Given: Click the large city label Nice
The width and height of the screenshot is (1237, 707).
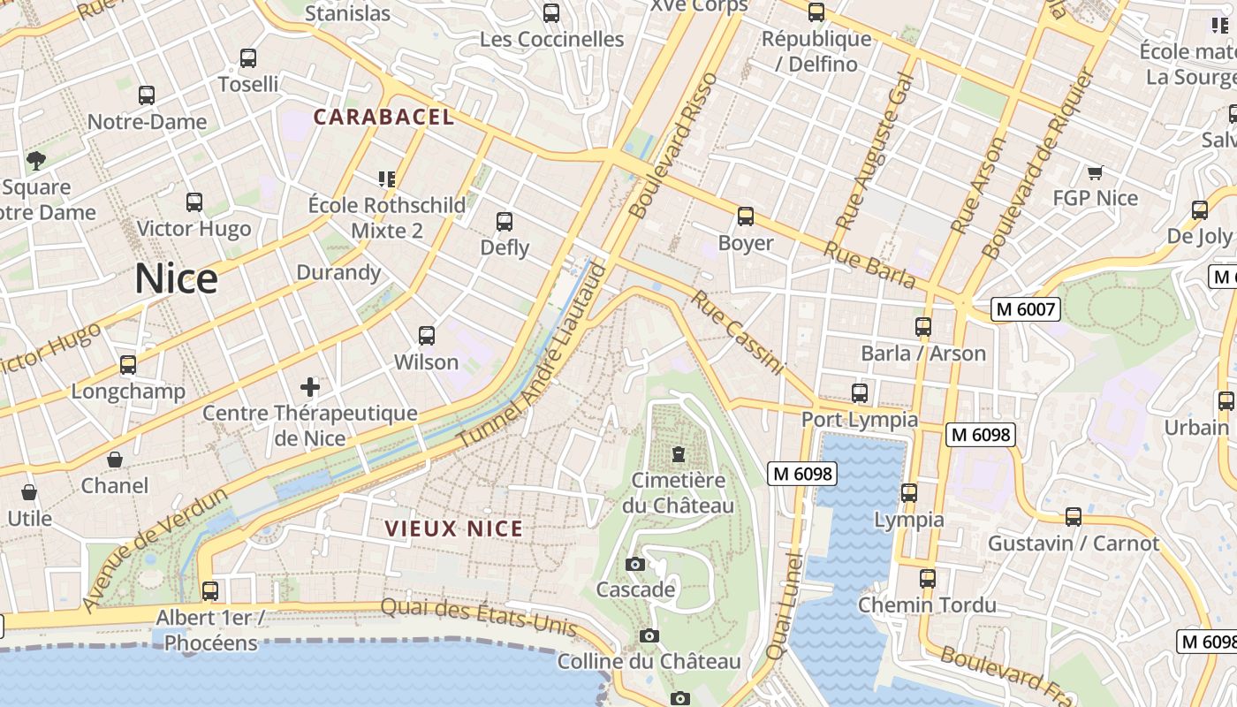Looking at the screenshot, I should click(176, 279).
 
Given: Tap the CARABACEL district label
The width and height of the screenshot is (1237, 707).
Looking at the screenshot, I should click(383, 117).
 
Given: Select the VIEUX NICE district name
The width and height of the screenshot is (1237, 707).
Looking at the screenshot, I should click(454, 528).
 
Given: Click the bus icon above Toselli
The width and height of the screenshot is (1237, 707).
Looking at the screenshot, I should click(248, 58).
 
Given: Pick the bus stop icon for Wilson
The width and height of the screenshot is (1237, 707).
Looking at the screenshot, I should click(427, 336).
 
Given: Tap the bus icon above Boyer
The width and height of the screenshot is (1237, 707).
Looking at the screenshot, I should click(746, 217).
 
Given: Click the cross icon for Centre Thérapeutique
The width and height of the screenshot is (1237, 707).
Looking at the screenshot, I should click(310, 387).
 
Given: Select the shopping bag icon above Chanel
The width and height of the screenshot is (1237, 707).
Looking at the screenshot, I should click(115, 460).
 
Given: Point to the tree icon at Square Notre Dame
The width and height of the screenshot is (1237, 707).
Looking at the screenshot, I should click(36, 160).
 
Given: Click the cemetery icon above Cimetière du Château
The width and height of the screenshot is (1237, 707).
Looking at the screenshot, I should click(678, 455).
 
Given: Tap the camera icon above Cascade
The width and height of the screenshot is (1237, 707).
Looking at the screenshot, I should click(634, 564).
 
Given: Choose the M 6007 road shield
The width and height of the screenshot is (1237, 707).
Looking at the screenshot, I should click(1025, 309).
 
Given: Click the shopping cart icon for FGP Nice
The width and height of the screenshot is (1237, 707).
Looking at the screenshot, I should click(1095, 173).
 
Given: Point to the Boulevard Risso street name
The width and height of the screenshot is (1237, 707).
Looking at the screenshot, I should click(673, 146).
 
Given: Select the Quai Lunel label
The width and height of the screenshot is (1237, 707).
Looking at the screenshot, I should click(784, 605).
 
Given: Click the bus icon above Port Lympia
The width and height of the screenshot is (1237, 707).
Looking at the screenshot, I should click(859, 393).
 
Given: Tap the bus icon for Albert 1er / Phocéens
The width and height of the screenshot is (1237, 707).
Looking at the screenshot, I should click(210, 590).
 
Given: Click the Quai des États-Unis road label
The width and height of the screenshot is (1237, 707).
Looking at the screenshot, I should click(478, 616).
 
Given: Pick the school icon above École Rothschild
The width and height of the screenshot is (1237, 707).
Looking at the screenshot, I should click(386, 179).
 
